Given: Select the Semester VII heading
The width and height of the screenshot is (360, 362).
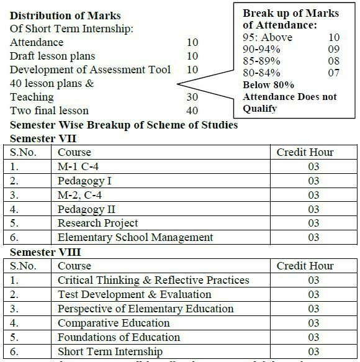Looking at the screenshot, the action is pyautogui.click(x=41, y=138).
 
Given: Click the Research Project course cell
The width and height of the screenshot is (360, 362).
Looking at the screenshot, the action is pyautogui.click(x=98, y=223).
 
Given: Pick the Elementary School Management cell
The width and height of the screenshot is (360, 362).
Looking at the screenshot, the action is pyautogui.click(x=135, y=237).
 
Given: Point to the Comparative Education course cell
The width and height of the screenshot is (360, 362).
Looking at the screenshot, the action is pyautogui.click(x=114, y=323).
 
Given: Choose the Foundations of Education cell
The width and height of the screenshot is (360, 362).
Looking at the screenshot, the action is pyautogui.click(x=119, y=337).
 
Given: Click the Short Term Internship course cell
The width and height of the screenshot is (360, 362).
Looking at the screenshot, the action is pyautogui.click(x=110, y=352).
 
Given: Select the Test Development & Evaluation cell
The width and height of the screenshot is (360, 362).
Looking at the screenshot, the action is pyautogui.click(x=135, y=294).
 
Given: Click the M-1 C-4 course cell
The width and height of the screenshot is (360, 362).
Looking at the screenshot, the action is pyautogui.click(x=79, y=166).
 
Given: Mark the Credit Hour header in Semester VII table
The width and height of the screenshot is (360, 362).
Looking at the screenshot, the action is pyautogui.click(x=305, y=152).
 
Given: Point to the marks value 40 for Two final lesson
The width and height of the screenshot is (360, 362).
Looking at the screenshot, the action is pyautogui.click(x=192, y=111).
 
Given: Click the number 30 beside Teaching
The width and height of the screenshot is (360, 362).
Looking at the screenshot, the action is pyautogui.click(x=192, y=97).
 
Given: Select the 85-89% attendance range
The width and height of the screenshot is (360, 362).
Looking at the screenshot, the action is pyautogui.click(x=261, y=61).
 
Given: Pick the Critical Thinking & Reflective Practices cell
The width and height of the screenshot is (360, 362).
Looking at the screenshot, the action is pyautogui.click(x=153, y=280).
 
